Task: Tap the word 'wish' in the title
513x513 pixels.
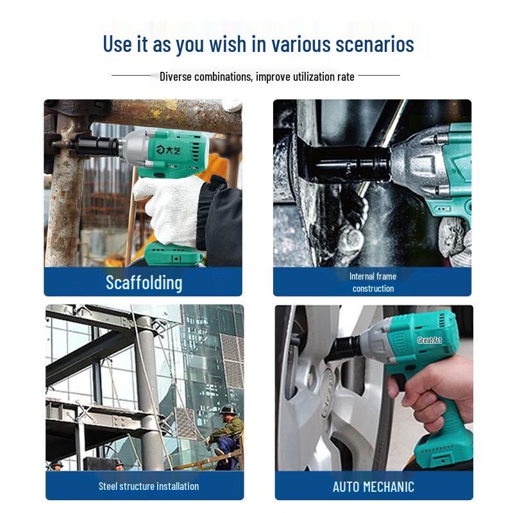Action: click(228, 44)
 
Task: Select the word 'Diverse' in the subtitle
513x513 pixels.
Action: click(175, 76)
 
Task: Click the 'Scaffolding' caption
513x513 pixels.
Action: click(144, 283)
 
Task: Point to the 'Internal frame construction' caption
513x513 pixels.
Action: click(373, 282)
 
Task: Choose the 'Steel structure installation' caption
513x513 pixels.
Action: click(149, 486)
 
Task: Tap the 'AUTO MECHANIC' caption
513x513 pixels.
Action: click(373, 487)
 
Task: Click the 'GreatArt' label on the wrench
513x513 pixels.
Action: click(430, 341)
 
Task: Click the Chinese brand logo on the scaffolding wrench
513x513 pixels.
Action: click(168, 150)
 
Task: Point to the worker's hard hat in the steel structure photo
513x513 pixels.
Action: click(227, 410)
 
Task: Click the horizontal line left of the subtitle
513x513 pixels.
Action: click(131, 75)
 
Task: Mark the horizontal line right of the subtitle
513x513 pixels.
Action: click(379, 75)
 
